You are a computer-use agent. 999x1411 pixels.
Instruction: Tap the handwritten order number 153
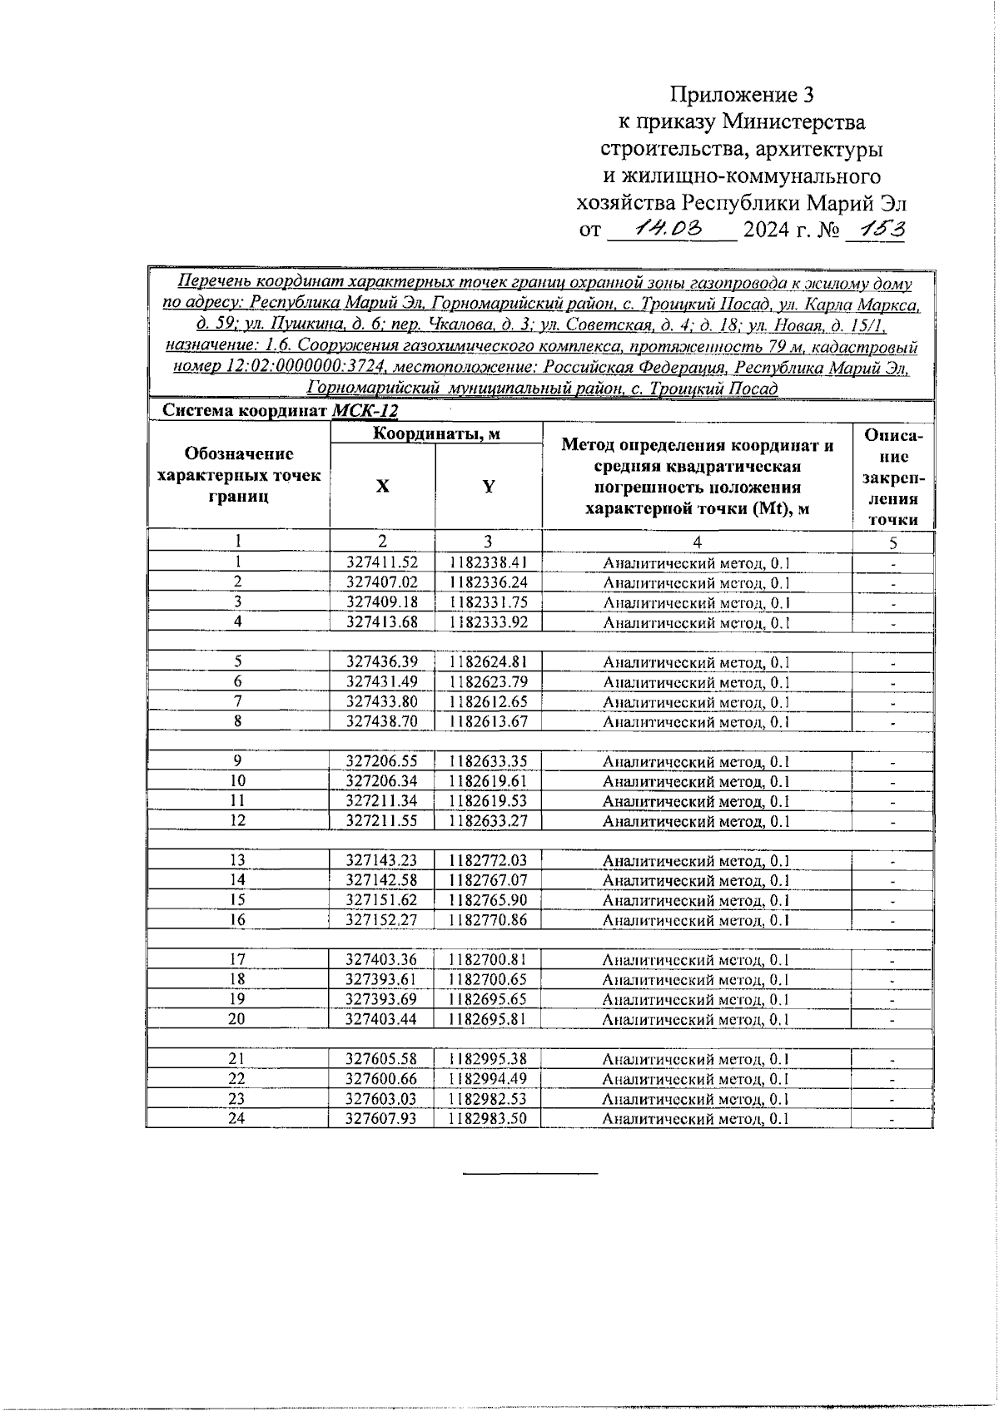874,227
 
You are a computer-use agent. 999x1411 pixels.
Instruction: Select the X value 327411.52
382,562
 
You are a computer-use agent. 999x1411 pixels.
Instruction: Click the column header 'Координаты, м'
435,433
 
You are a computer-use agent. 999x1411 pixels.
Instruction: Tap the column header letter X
381,487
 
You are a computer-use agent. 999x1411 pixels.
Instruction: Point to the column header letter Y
489,487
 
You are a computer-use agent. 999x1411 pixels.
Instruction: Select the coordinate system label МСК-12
365,411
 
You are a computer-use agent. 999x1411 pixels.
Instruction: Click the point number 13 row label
238,860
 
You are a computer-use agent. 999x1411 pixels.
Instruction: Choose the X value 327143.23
382,860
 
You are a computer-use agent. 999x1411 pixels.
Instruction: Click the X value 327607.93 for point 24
382,1119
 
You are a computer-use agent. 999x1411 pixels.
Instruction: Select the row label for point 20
238,1019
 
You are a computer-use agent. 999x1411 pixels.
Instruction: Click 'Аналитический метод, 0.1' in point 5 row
696,663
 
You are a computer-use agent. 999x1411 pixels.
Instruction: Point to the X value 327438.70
382,722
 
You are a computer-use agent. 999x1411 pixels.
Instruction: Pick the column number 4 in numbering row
697,542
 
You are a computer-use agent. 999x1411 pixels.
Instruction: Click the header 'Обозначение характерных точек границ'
239,475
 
